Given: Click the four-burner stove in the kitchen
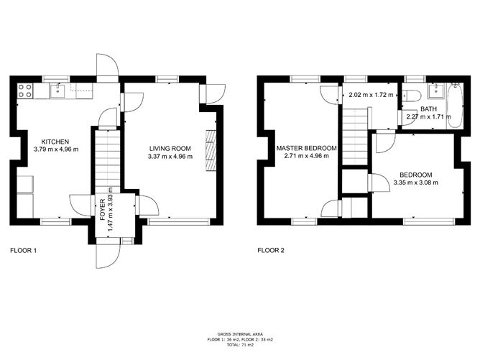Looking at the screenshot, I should (24, 91).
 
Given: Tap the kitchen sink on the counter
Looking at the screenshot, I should (58, 90).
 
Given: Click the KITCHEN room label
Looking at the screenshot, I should (55, 142).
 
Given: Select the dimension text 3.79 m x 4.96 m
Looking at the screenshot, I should (56, 149).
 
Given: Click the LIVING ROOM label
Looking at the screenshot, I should (170, 149).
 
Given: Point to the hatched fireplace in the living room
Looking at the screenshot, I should (210, 149).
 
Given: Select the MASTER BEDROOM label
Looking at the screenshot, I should (307, 149).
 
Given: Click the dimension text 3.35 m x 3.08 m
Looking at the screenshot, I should (416, 183).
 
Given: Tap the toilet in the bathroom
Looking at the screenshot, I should (411, 96).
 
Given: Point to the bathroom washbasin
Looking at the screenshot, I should (433, 91).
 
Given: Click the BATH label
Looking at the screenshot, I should (428, 109).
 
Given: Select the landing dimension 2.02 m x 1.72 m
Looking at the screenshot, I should (369, 94).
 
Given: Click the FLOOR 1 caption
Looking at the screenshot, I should (23, 251).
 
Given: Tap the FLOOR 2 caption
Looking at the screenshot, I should (271, 251).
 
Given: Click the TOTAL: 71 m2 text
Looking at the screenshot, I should (239, 346).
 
